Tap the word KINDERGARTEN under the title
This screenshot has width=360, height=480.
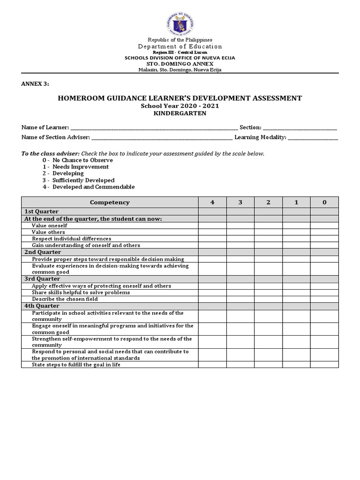180,113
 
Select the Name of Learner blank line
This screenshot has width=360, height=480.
154,128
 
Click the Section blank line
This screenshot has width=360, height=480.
300,128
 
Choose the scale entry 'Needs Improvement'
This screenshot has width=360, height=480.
80,167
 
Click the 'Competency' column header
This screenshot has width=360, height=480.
110,202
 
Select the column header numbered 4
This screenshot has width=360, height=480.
212,202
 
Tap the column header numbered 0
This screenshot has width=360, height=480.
324,202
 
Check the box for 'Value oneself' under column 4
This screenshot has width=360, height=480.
212,225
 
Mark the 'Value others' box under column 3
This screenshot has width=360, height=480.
240,232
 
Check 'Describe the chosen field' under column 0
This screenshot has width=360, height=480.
324,299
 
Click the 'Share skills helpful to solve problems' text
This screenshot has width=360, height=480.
81,292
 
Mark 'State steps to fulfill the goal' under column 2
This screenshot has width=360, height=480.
269,365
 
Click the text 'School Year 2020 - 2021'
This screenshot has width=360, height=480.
180,106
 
